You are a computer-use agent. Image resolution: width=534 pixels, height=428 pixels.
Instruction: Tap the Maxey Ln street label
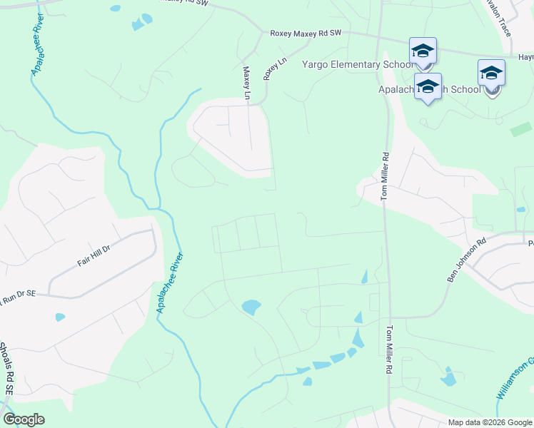247,83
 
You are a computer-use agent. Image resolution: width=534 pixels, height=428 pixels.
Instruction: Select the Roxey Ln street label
269,69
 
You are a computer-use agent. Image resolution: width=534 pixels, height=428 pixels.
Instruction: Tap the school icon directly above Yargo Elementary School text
423,51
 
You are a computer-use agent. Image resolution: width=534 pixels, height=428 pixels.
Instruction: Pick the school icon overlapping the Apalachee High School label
428,86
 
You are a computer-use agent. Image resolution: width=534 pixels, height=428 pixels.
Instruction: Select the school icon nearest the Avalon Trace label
491,73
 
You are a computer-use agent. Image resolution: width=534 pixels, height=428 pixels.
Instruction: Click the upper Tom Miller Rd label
385,175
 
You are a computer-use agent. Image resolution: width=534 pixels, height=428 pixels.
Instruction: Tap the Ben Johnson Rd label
466,260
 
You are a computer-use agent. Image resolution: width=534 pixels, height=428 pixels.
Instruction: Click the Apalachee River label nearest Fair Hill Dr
171,283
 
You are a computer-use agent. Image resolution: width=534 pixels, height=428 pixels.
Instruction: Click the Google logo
24,419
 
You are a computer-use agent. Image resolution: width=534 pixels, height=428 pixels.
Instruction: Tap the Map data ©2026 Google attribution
490,422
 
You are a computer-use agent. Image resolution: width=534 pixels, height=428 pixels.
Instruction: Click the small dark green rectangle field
520,130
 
